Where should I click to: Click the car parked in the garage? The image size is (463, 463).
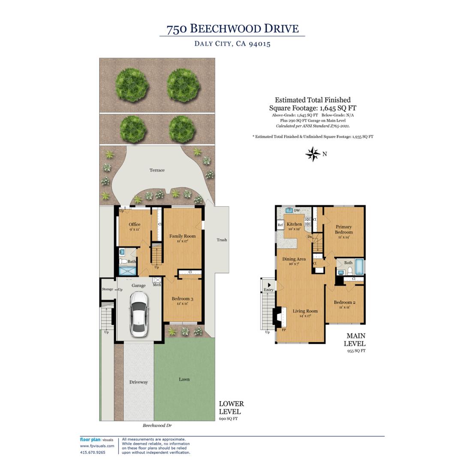(139, 313)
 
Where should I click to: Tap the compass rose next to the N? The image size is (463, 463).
(313, 154)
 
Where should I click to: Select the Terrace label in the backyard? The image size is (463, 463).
(157, 170)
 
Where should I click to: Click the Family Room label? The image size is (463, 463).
(182, 236)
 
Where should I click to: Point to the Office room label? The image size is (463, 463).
(135, 225)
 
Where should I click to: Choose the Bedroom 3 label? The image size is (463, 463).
(182, 299)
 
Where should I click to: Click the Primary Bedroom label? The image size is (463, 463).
(344, 229)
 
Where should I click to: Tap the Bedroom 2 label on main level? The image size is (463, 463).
(345, 302)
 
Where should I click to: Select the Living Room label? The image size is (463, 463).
(305, 311)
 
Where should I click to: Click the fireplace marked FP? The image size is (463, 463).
(279, 317)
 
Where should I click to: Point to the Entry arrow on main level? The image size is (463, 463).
(269, 285)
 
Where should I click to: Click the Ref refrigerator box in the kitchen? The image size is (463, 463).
(280, 225)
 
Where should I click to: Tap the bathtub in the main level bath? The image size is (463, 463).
(359, 266)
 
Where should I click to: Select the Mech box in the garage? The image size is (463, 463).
(157, 281)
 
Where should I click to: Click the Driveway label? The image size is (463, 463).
(138, 382)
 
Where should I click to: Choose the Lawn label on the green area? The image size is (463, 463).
(184, 379)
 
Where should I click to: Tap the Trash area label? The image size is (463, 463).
(222, 240)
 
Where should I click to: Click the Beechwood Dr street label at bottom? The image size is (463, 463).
(157, 426)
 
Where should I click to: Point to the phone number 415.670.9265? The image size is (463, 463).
(93, 452)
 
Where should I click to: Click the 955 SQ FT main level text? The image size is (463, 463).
(356, 351)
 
